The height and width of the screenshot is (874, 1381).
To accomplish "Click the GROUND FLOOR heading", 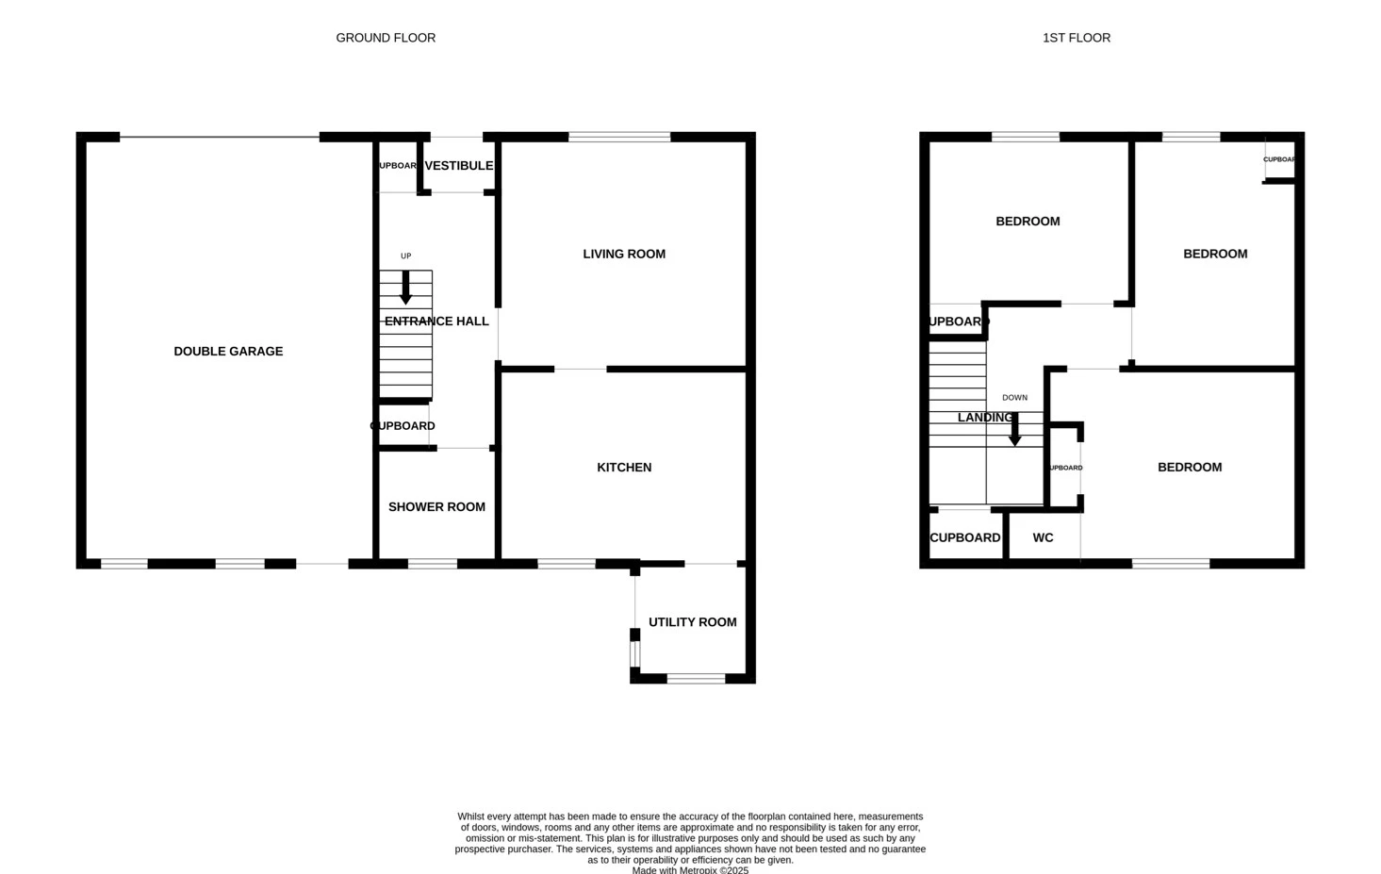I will click(386, 38).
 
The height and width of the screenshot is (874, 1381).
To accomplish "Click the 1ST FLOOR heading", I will click(1076, 38).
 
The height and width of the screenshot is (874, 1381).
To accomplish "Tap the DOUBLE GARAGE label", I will click(228, 351).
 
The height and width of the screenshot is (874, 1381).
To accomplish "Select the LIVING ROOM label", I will click(623, 254).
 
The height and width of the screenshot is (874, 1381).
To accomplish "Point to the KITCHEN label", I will click(623, 467).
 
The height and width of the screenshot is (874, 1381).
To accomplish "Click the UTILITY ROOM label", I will click(692, 621).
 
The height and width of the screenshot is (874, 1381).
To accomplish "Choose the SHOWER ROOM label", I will click(436, 506).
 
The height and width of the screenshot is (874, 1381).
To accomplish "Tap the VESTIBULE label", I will click(458, 165).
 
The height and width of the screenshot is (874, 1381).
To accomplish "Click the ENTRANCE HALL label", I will click(436, 321).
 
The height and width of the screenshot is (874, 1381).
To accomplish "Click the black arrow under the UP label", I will click(405, 288).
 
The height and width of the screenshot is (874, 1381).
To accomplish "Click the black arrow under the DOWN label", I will click(1014, 429).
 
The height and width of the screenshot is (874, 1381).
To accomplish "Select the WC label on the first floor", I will click(1043, 537).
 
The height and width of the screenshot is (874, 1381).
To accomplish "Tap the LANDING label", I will click(984, 417).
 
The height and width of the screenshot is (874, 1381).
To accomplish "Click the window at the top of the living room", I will click(619, 138).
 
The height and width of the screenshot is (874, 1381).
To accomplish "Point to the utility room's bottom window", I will click(696, 678).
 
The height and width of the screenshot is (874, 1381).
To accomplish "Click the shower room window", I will click(432, 564).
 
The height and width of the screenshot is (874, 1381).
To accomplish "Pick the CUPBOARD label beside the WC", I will click(964, 537).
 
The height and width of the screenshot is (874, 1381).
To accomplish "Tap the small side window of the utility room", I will click(634, 652).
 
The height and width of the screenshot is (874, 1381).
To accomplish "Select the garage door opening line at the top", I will click(219, 138).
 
